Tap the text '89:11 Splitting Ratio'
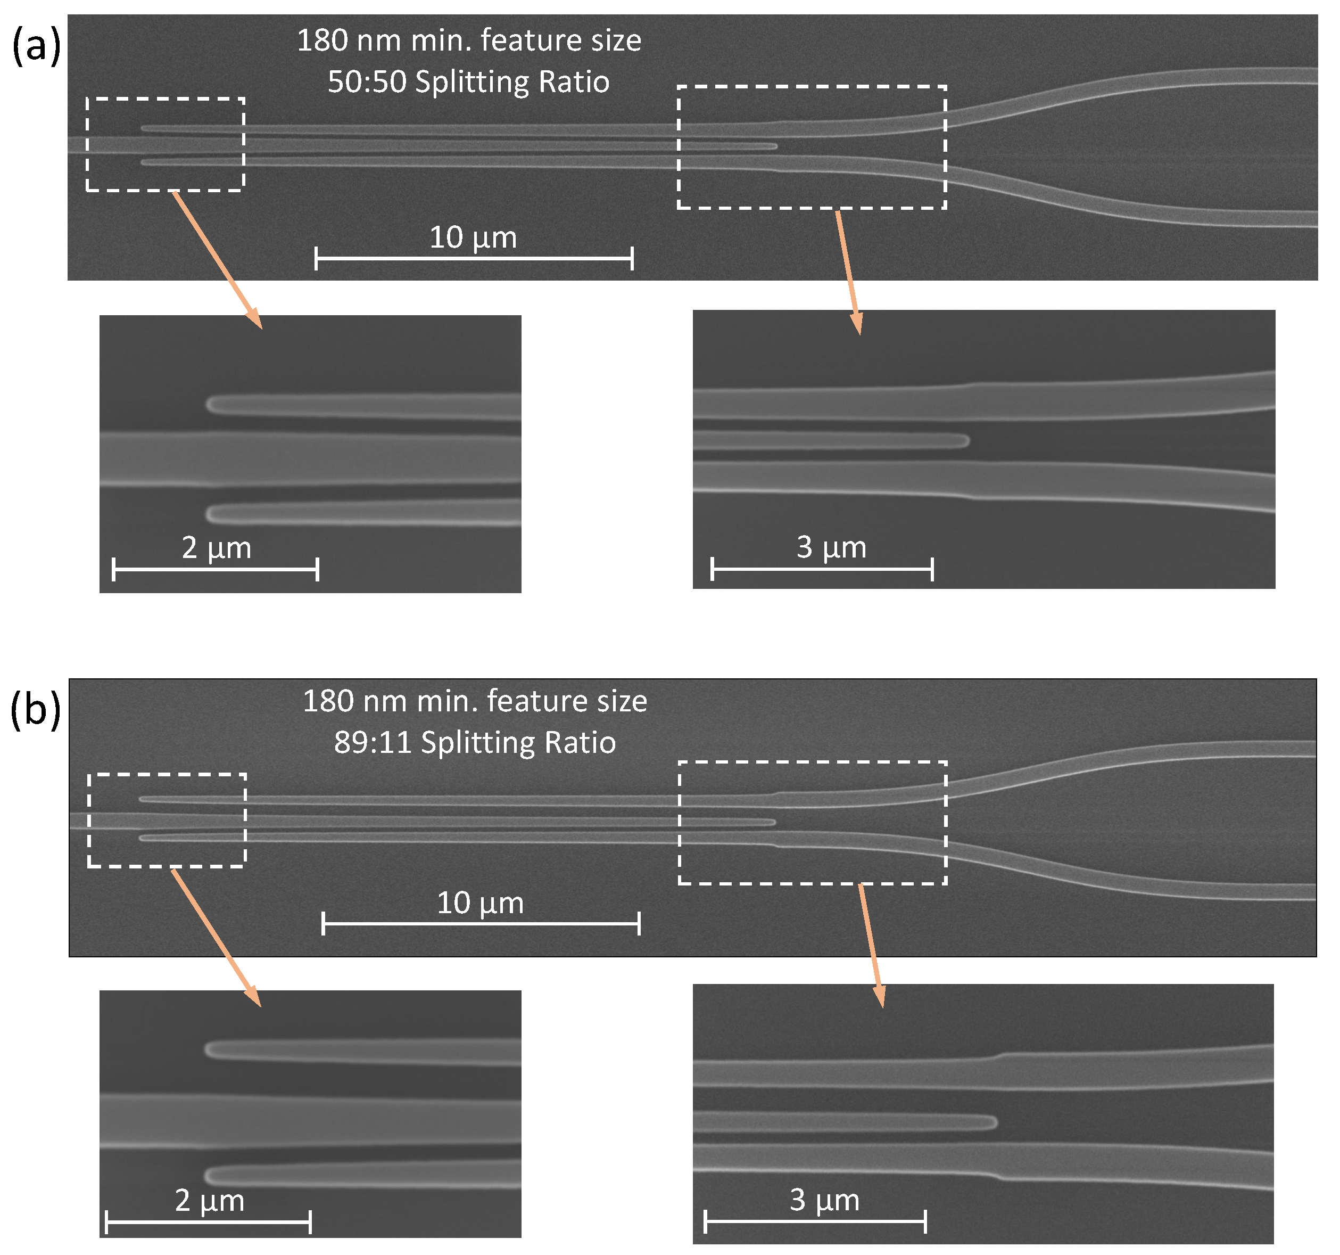click(475, 742)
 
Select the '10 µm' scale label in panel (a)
click(473, 237)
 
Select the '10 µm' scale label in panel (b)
click(480, 903)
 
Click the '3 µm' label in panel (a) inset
click(831, 547)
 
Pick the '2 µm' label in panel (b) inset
click(210, 1200)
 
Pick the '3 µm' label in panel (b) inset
click(824, 1200)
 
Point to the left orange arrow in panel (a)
click(217, 260)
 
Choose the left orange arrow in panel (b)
click(216, 937)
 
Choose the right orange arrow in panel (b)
click(870, 945)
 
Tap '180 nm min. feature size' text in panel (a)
click(468, 40)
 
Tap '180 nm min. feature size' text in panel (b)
click(475, 701)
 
